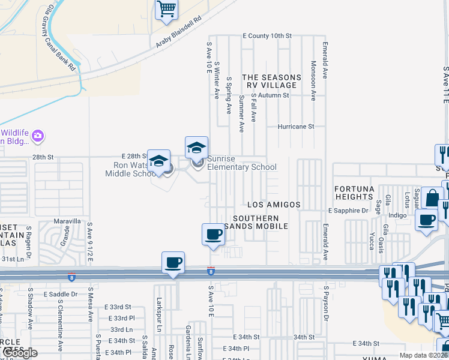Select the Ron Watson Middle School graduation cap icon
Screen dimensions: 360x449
[x=158, y=161]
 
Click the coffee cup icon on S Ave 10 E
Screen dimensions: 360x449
[x=213, y=234]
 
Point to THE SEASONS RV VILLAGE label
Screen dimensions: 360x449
[x=272, y=82]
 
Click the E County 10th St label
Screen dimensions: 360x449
[x=267, y=36]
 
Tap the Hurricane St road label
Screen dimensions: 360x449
[x=295, y=127]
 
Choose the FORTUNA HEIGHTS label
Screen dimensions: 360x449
[x=355, y=193]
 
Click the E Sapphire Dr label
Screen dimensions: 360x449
[x=348, y=211]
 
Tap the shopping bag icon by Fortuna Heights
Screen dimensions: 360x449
[x=432, y=198]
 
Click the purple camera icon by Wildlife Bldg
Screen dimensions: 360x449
[x=38, y=137]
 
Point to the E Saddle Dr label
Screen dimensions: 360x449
[x=61, y=294]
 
